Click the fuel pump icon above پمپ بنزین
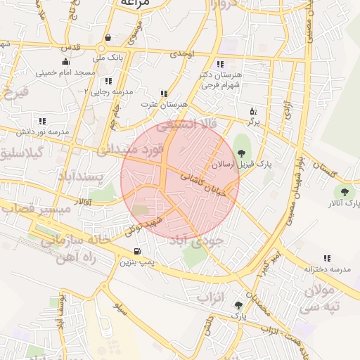tap(136, 251)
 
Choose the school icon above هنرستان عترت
tap(165, 93)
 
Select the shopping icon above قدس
tap(107, 38)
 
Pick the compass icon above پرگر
tap(254, 111)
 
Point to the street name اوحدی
tap(181, 53)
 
